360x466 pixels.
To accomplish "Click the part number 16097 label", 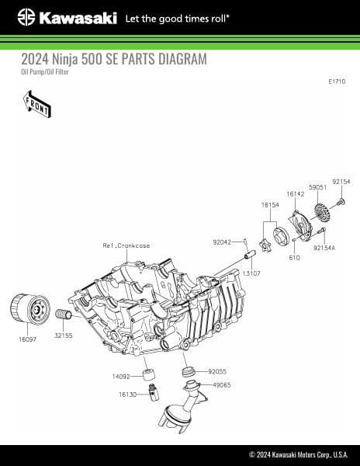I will coord(26,339).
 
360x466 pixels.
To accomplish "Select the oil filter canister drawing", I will coord(29,311).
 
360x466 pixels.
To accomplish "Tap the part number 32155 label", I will coord(63,336).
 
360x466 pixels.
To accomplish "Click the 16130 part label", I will coord(128,395).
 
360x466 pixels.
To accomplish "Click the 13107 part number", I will coord(251,274).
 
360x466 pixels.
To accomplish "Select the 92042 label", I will coord(222,242).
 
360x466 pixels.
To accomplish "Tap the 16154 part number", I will coord(269,205).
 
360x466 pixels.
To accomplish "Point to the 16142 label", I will coord(295,193).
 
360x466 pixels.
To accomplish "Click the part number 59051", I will coord(317,187).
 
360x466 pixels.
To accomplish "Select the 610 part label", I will coord(294,257).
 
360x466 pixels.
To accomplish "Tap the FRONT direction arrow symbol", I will coord(37,104).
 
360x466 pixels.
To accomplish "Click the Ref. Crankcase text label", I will coord(126,245).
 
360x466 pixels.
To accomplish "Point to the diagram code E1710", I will coord(337,81).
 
